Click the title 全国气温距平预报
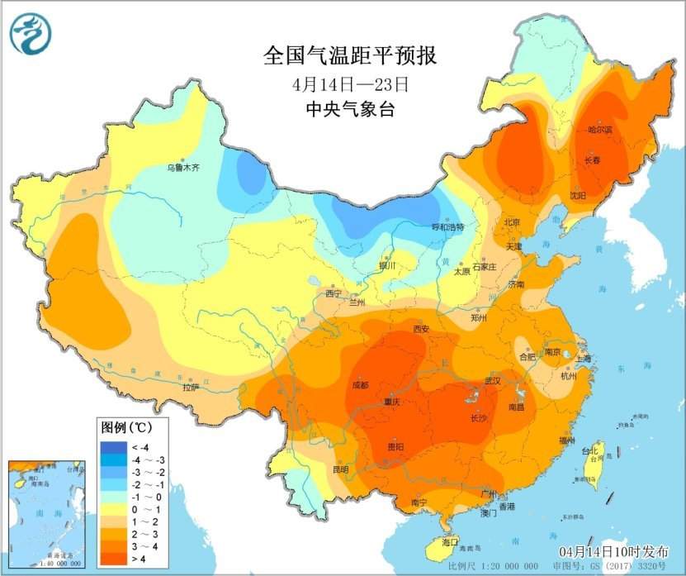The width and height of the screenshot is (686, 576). click(x=349, y=55)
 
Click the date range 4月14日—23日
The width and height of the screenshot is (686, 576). click(x=349, y=84)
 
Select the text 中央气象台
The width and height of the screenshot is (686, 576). click(x=349, y=109)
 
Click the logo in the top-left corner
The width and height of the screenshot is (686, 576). click(x=31, y=34)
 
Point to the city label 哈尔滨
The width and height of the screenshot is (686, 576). click(x=599, y=130)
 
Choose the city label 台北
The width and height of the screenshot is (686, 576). click(x=590, y=452)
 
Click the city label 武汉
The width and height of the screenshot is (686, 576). click(x=494, y=381)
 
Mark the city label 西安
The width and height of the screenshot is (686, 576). click(x=421, y=329)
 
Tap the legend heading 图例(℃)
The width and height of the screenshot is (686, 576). click(x=125, y=427)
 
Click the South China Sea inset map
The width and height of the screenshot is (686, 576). click(x=47, y=513)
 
